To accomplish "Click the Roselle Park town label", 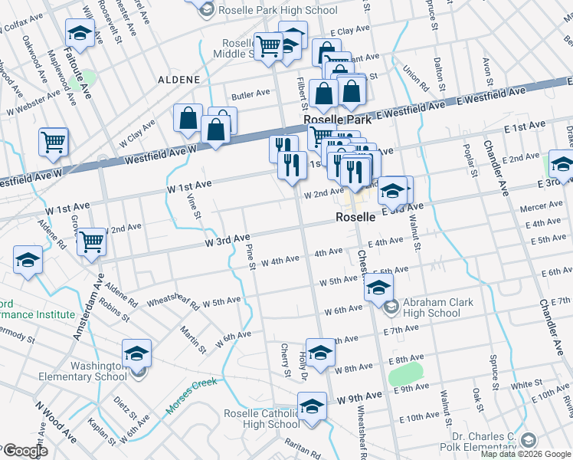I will pyautogui.click(x=338, y=120).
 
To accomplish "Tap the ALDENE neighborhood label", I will pyautogui.click(x=178, y=80).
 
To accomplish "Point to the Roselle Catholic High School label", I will pyautogui.click(x=261, y=419).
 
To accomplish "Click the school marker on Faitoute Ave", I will pyautogui.click(x=80, y=34).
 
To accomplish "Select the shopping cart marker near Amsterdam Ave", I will pyautogui.click(x=91, y=241).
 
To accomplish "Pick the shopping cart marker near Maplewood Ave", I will pyautogui.click(x=53, y=141).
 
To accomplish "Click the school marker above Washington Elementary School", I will pyautogui.click(x=137, y=353).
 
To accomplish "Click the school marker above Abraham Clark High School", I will pyautogui.click(x=378, y=287).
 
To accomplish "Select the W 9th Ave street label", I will pyautogui.click(x=359, y=396).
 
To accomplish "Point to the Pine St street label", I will pyautogui.click(x=250, y=258).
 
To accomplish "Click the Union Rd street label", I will pyautogui.click(x=413, y=76).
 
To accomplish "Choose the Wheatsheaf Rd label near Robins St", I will pyautogui.click(x=173, y=302).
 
